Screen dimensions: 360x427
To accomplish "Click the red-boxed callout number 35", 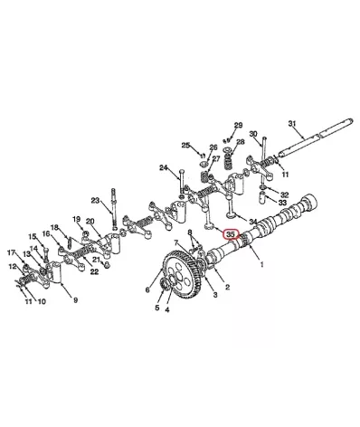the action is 231,234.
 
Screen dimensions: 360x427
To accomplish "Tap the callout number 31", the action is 292,123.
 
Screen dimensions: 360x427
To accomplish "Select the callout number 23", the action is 95,201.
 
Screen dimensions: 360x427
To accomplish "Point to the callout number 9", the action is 75,300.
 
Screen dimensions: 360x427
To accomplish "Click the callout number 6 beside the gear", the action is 147,289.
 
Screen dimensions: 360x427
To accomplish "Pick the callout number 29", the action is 238,125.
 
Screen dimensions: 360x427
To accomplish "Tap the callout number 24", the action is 164,167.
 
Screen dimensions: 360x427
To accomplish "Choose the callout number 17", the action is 11,252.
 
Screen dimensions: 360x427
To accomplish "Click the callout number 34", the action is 253,222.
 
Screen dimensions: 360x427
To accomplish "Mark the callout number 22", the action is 94,271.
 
